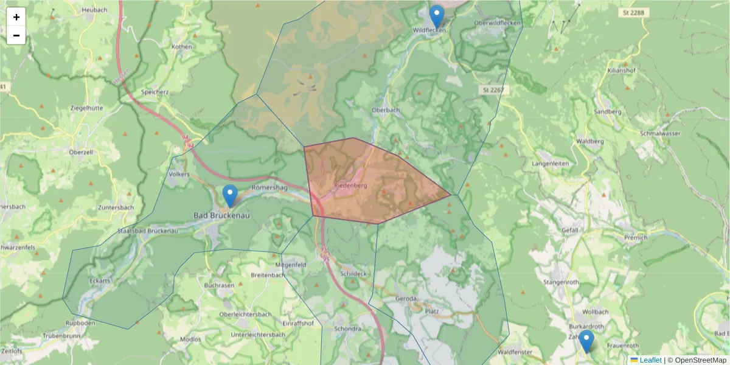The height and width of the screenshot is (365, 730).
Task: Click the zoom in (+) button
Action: [x=16, y=17]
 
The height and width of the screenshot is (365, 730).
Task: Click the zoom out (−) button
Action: [x=16, y=35]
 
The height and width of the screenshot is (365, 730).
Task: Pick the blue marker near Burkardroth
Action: [x=586, y=341]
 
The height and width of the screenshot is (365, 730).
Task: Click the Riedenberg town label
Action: [x=351, y=185]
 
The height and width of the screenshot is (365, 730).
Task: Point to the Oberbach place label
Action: [x=386, y=110]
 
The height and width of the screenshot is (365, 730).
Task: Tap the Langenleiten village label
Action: [x=550, y=164]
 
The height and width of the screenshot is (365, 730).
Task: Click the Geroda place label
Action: [x=406, y=299]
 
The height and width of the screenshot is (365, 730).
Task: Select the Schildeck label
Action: [x=354, y=274]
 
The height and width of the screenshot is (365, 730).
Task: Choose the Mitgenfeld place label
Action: [x=290, y=265]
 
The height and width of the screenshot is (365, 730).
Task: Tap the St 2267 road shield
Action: [x=493, y=90]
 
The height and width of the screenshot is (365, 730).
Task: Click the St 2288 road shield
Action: [x=636, y=12]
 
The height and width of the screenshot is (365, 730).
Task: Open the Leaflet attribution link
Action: [x=650, y=360]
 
